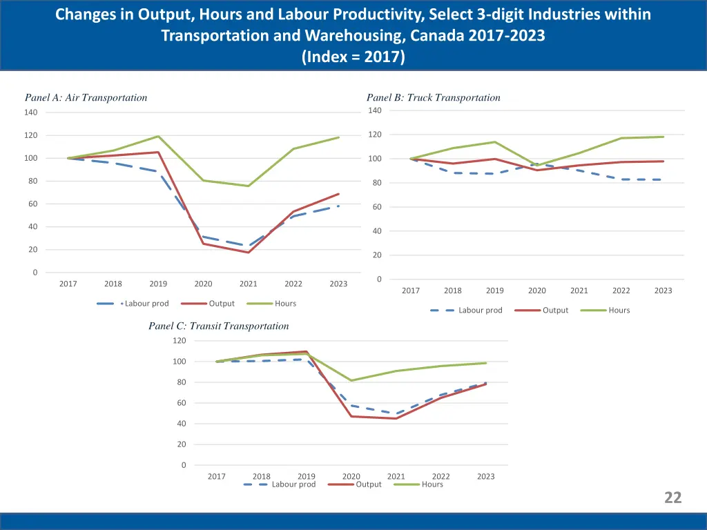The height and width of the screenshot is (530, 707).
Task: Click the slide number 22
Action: (x=672, y=498)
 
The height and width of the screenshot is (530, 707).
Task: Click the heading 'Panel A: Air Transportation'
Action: (x=86, y=97)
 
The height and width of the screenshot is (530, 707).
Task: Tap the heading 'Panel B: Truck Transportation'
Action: (x=433, y=97)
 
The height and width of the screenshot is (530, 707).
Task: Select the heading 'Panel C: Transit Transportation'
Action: (x=218, y=326)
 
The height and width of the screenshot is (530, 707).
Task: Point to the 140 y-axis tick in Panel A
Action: (x=31, y=112)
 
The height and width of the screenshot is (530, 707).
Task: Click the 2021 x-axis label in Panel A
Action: (x=248, y=284)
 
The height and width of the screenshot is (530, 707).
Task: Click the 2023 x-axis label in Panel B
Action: (x=663, y=291)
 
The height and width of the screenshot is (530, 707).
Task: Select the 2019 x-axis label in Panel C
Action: (x=307, y=476)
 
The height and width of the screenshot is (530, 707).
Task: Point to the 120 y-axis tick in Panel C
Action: (x=179, y=340)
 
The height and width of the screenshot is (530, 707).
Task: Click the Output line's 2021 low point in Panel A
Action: (x=249, y=253)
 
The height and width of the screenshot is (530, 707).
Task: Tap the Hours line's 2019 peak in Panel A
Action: (x=158, y=136)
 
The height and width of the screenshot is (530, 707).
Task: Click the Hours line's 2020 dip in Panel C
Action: (x=351, y=380)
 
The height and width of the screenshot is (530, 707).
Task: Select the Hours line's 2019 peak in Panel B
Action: (x=495, y=142)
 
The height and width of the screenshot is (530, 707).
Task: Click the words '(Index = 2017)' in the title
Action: (x=353, y=57)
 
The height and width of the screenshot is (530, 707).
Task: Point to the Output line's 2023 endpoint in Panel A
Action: (x=338, y=194)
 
